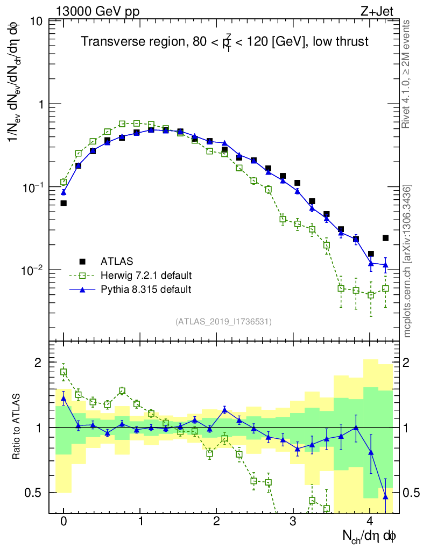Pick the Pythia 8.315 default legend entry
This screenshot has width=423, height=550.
point(145,290)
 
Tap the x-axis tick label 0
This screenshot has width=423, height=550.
point(64,522)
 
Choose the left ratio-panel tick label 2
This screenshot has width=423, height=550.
point(38,363)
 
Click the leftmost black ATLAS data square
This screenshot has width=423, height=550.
point(64,203)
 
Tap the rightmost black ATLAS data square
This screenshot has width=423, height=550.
point(385,238)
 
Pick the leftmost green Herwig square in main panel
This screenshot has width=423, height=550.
point(64,182)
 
